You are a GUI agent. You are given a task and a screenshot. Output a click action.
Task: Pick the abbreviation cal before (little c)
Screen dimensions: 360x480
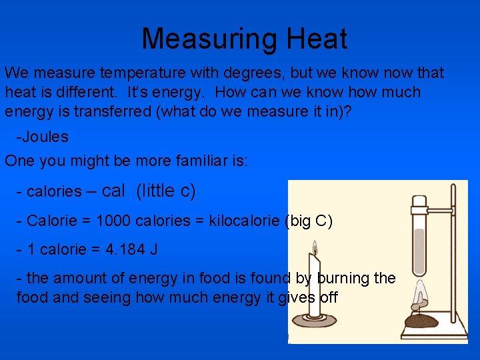tap(113, 191)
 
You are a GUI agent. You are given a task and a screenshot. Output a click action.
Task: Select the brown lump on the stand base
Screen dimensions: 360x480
tap(421, 321)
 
